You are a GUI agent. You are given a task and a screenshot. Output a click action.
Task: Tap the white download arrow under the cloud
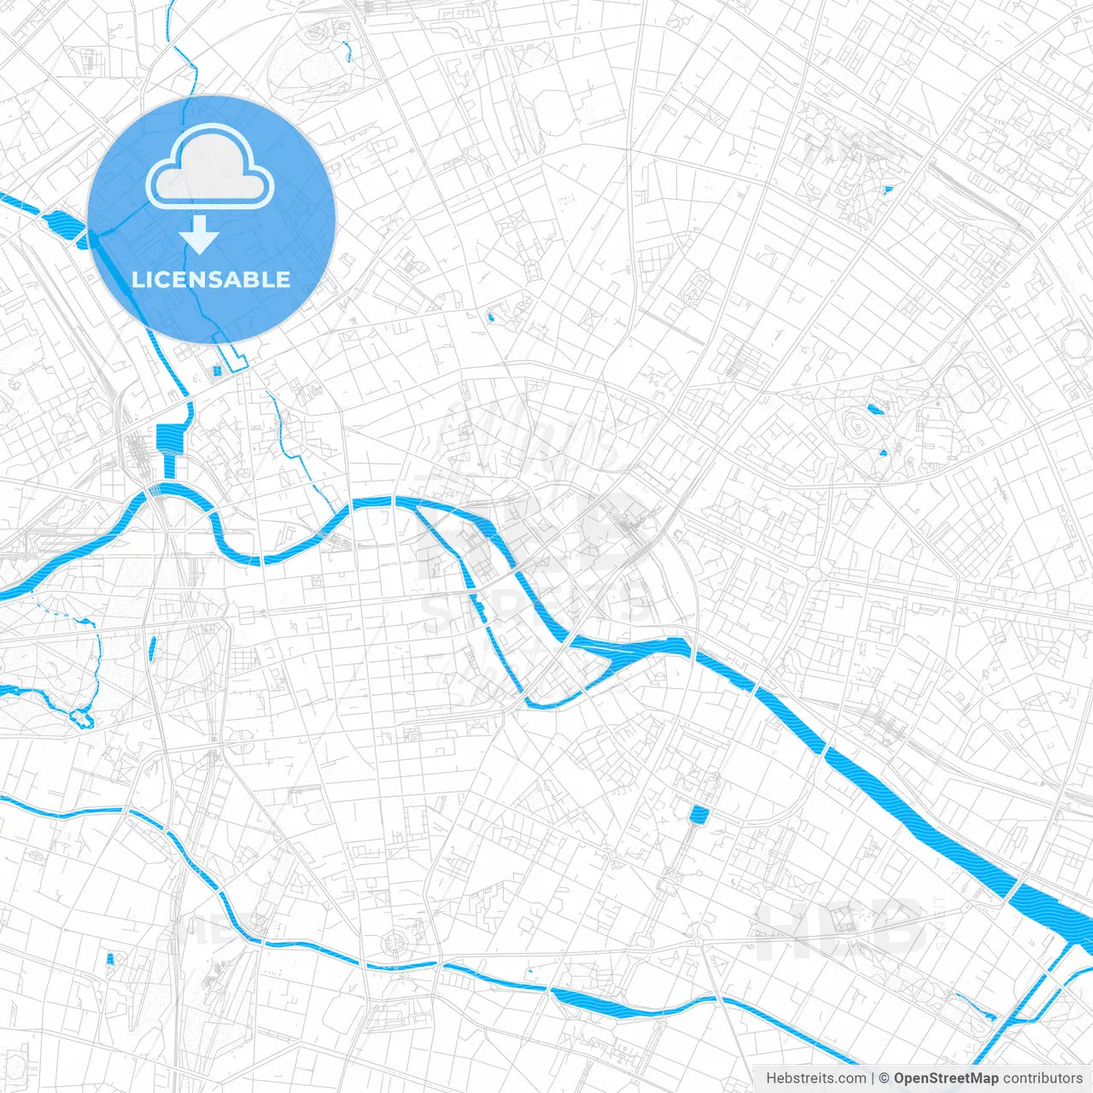pyautogui.click(x=199, y=236)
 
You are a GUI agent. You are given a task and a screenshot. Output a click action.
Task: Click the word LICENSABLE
pyautogui.click(x=211, y=279)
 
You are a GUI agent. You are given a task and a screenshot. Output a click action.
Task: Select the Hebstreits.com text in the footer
pyautogui.click(x=815, y=1078)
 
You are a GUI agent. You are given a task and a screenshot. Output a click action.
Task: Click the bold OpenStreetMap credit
pyautogui.click(x=945, y=1078)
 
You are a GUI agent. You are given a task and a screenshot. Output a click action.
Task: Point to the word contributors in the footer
pyautogui.click(x=1042, y=1078)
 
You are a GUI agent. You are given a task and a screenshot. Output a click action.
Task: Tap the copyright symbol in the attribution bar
pyautogui.click(x=885, y=1078)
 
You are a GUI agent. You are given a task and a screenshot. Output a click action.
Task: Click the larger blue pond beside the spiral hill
pyautogui.click(x=874, y=409)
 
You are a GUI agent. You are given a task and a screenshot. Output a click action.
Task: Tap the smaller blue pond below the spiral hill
pyautogui.click(x=883, y=451)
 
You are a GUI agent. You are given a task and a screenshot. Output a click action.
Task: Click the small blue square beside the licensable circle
pyautogui.click(x=216, y=370)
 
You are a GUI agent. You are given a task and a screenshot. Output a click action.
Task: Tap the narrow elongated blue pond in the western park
pyautogui.click(x=153, y=648)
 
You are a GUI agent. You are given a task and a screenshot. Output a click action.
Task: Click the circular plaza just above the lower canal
pyautogui.click(x=395, y=944)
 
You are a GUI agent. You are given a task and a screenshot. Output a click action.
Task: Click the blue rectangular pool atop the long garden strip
pyautogui.click(x=699, y=814)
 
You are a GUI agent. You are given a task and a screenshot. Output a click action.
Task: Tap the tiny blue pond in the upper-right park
pyautogui.click(x=888, y=190)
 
